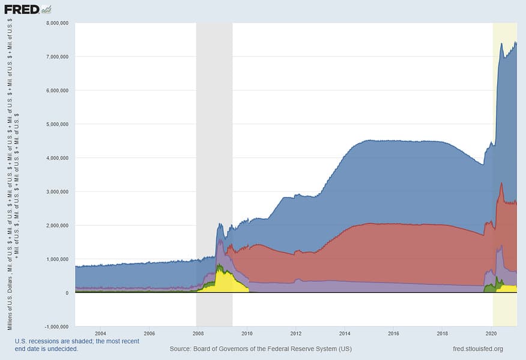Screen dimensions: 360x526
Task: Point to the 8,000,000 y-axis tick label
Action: [56, 23]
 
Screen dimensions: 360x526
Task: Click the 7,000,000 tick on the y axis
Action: [56, 56]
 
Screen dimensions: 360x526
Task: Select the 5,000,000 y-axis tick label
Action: [56, 124]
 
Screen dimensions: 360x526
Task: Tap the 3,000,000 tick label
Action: [56, 192]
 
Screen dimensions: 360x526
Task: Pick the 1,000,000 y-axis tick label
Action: [56, 259]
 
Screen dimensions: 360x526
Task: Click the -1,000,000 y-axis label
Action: [55, 327]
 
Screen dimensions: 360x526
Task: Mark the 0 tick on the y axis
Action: [67, 293]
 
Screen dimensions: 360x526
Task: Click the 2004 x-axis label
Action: [100, 333]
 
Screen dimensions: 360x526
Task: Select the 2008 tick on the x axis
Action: [198, 333]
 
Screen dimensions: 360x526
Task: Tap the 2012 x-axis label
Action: [296, 333]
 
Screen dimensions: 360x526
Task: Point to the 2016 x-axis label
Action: [394, 333]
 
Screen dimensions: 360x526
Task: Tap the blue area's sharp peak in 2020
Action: [501, 45]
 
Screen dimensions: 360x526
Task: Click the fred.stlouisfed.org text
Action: [478, 349]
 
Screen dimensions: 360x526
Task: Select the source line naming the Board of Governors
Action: [261, 349]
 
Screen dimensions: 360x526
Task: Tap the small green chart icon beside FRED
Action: [47, 9]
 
